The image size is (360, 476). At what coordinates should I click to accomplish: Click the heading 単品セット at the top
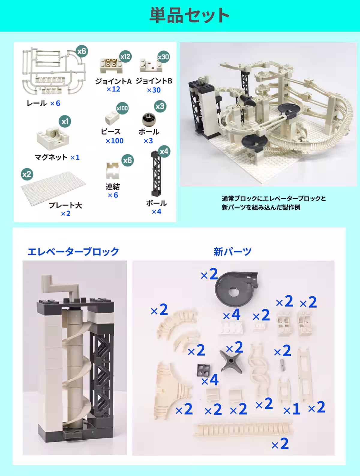tap(189, 15)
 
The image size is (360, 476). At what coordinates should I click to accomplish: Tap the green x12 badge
tap(125, 57)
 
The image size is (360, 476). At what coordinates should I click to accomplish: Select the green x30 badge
tap(163, 57)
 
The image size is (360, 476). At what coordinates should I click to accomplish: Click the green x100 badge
tap(122, 108)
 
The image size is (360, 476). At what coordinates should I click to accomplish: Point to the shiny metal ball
tap(149, 119)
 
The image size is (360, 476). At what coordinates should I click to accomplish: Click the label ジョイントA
tap(113, 81)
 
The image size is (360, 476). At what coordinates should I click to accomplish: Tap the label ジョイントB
tap(154, 81)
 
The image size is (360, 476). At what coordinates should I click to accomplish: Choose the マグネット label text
tap(51, 157)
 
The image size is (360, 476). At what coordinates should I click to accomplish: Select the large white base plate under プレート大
tap(53, 188)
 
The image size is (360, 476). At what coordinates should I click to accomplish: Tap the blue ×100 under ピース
tap(114, 141)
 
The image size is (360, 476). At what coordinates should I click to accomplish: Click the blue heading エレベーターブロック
tap(73, 252)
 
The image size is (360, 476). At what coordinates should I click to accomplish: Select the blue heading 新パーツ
tap(232, 252)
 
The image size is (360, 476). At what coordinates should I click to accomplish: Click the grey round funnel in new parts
tap(236, 289)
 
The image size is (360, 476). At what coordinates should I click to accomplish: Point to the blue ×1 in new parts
tap(292, 409)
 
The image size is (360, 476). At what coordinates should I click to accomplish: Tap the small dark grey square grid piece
tap(203, 370)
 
